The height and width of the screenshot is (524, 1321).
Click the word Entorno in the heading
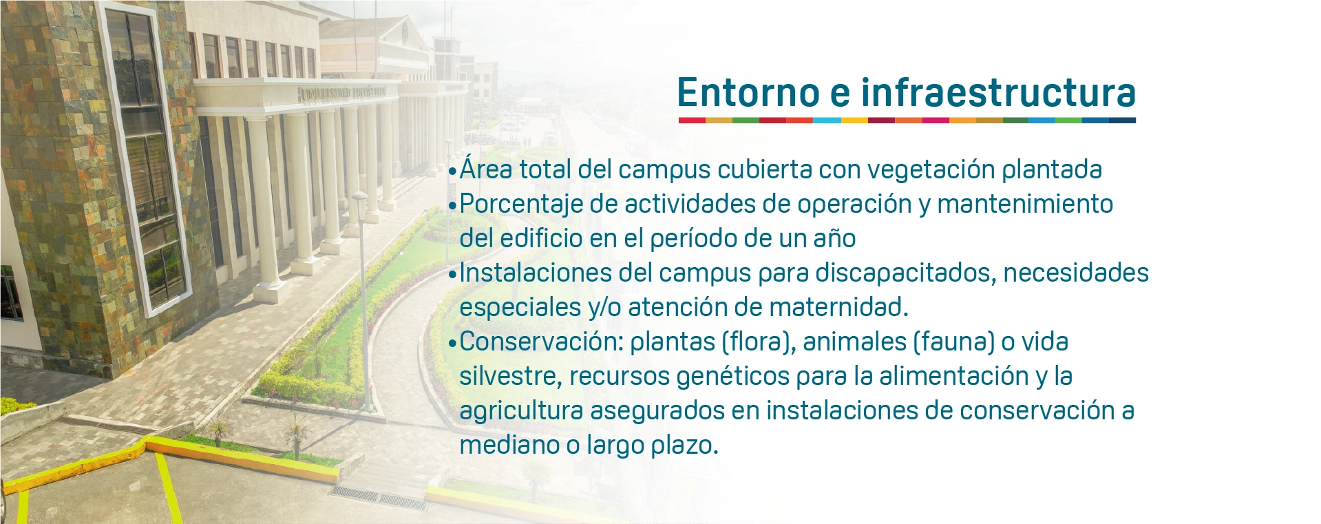[748, 92]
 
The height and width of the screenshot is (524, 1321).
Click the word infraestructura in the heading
[998, 92]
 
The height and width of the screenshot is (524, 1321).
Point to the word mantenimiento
[1025, 204]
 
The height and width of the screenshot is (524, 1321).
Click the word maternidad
[838, 307]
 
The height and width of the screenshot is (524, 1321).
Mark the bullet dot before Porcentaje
[452, 205]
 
